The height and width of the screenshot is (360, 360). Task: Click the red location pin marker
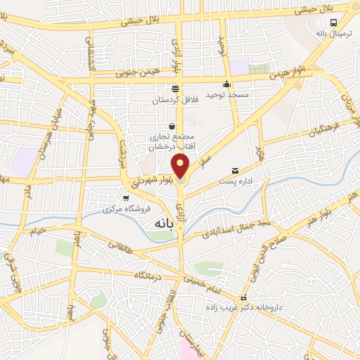(x=181, y=167)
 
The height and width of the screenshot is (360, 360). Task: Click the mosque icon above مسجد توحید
(x=227, y=84)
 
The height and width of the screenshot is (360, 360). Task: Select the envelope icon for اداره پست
(x=235, y=170)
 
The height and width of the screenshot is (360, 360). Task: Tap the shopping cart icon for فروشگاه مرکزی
(x=126, y=199)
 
